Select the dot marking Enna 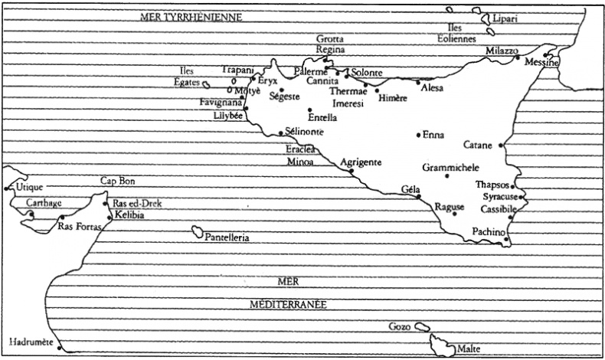pos(418,135)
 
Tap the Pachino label pos(488,231)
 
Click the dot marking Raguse pos(454,213)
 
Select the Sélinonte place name pos(305,132)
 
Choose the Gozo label pos(400,326)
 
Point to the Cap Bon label pos(117,181)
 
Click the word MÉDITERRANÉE pos(288,305)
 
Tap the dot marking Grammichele pos(447,176)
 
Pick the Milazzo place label pos(502,50)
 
